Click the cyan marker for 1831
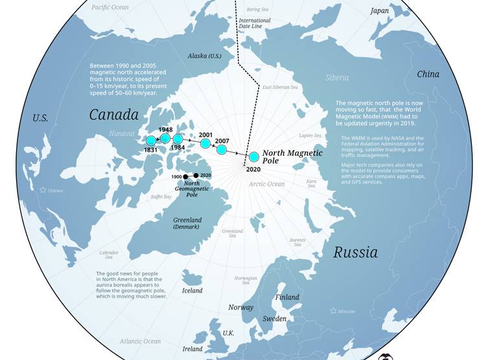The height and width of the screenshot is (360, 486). click(x=151, y=141)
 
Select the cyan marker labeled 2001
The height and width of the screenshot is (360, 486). click(x=205, y=143)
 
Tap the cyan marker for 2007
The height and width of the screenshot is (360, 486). click(x=221, y=150)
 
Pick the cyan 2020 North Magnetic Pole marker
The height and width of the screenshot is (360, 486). click(x=254, y=157)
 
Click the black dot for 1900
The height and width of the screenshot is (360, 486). click(x=185, y=176)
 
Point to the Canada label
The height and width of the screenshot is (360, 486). click(x=114, y=115)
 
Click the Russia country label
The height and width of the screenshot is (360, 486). click(x=355, y=252)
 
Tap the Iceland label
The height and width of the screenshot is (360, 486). click(x=192, y=291)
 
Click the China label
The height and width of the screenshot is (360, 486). click(x=428, y=74)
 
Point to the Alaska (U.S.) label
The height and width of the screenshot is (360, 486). click(x=204, y=56)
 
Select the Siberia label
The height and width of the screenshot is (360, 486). click(x=337, y=78)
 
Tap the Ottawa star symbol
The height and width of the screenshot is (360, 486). click(x=43, y=190)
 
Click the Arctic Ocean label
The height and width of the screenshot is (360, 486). click(x=266, y=184)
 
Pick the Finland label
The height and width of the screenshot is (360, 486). click(x=288, y=297)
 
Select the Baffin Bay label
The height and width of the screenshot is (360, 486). click(x=161, y=197)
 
